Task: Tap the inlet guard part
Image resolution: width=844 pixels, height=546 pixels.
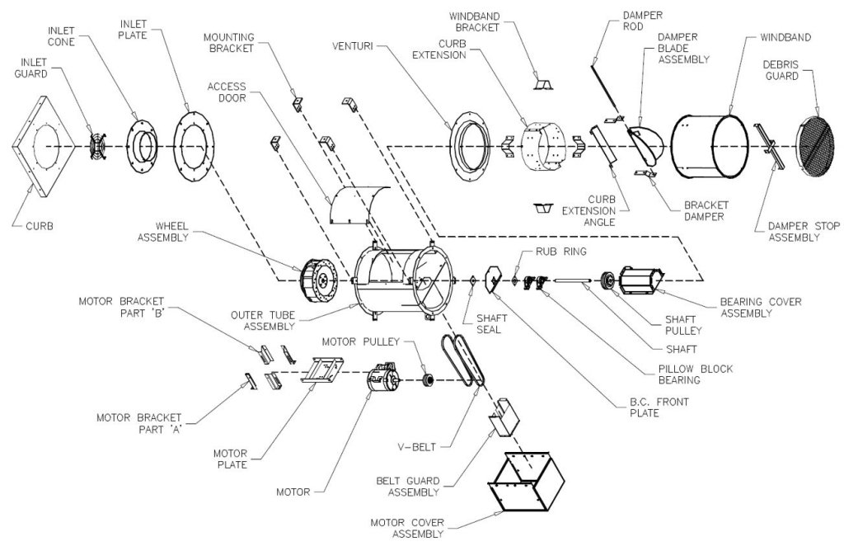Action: (98, 147)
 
